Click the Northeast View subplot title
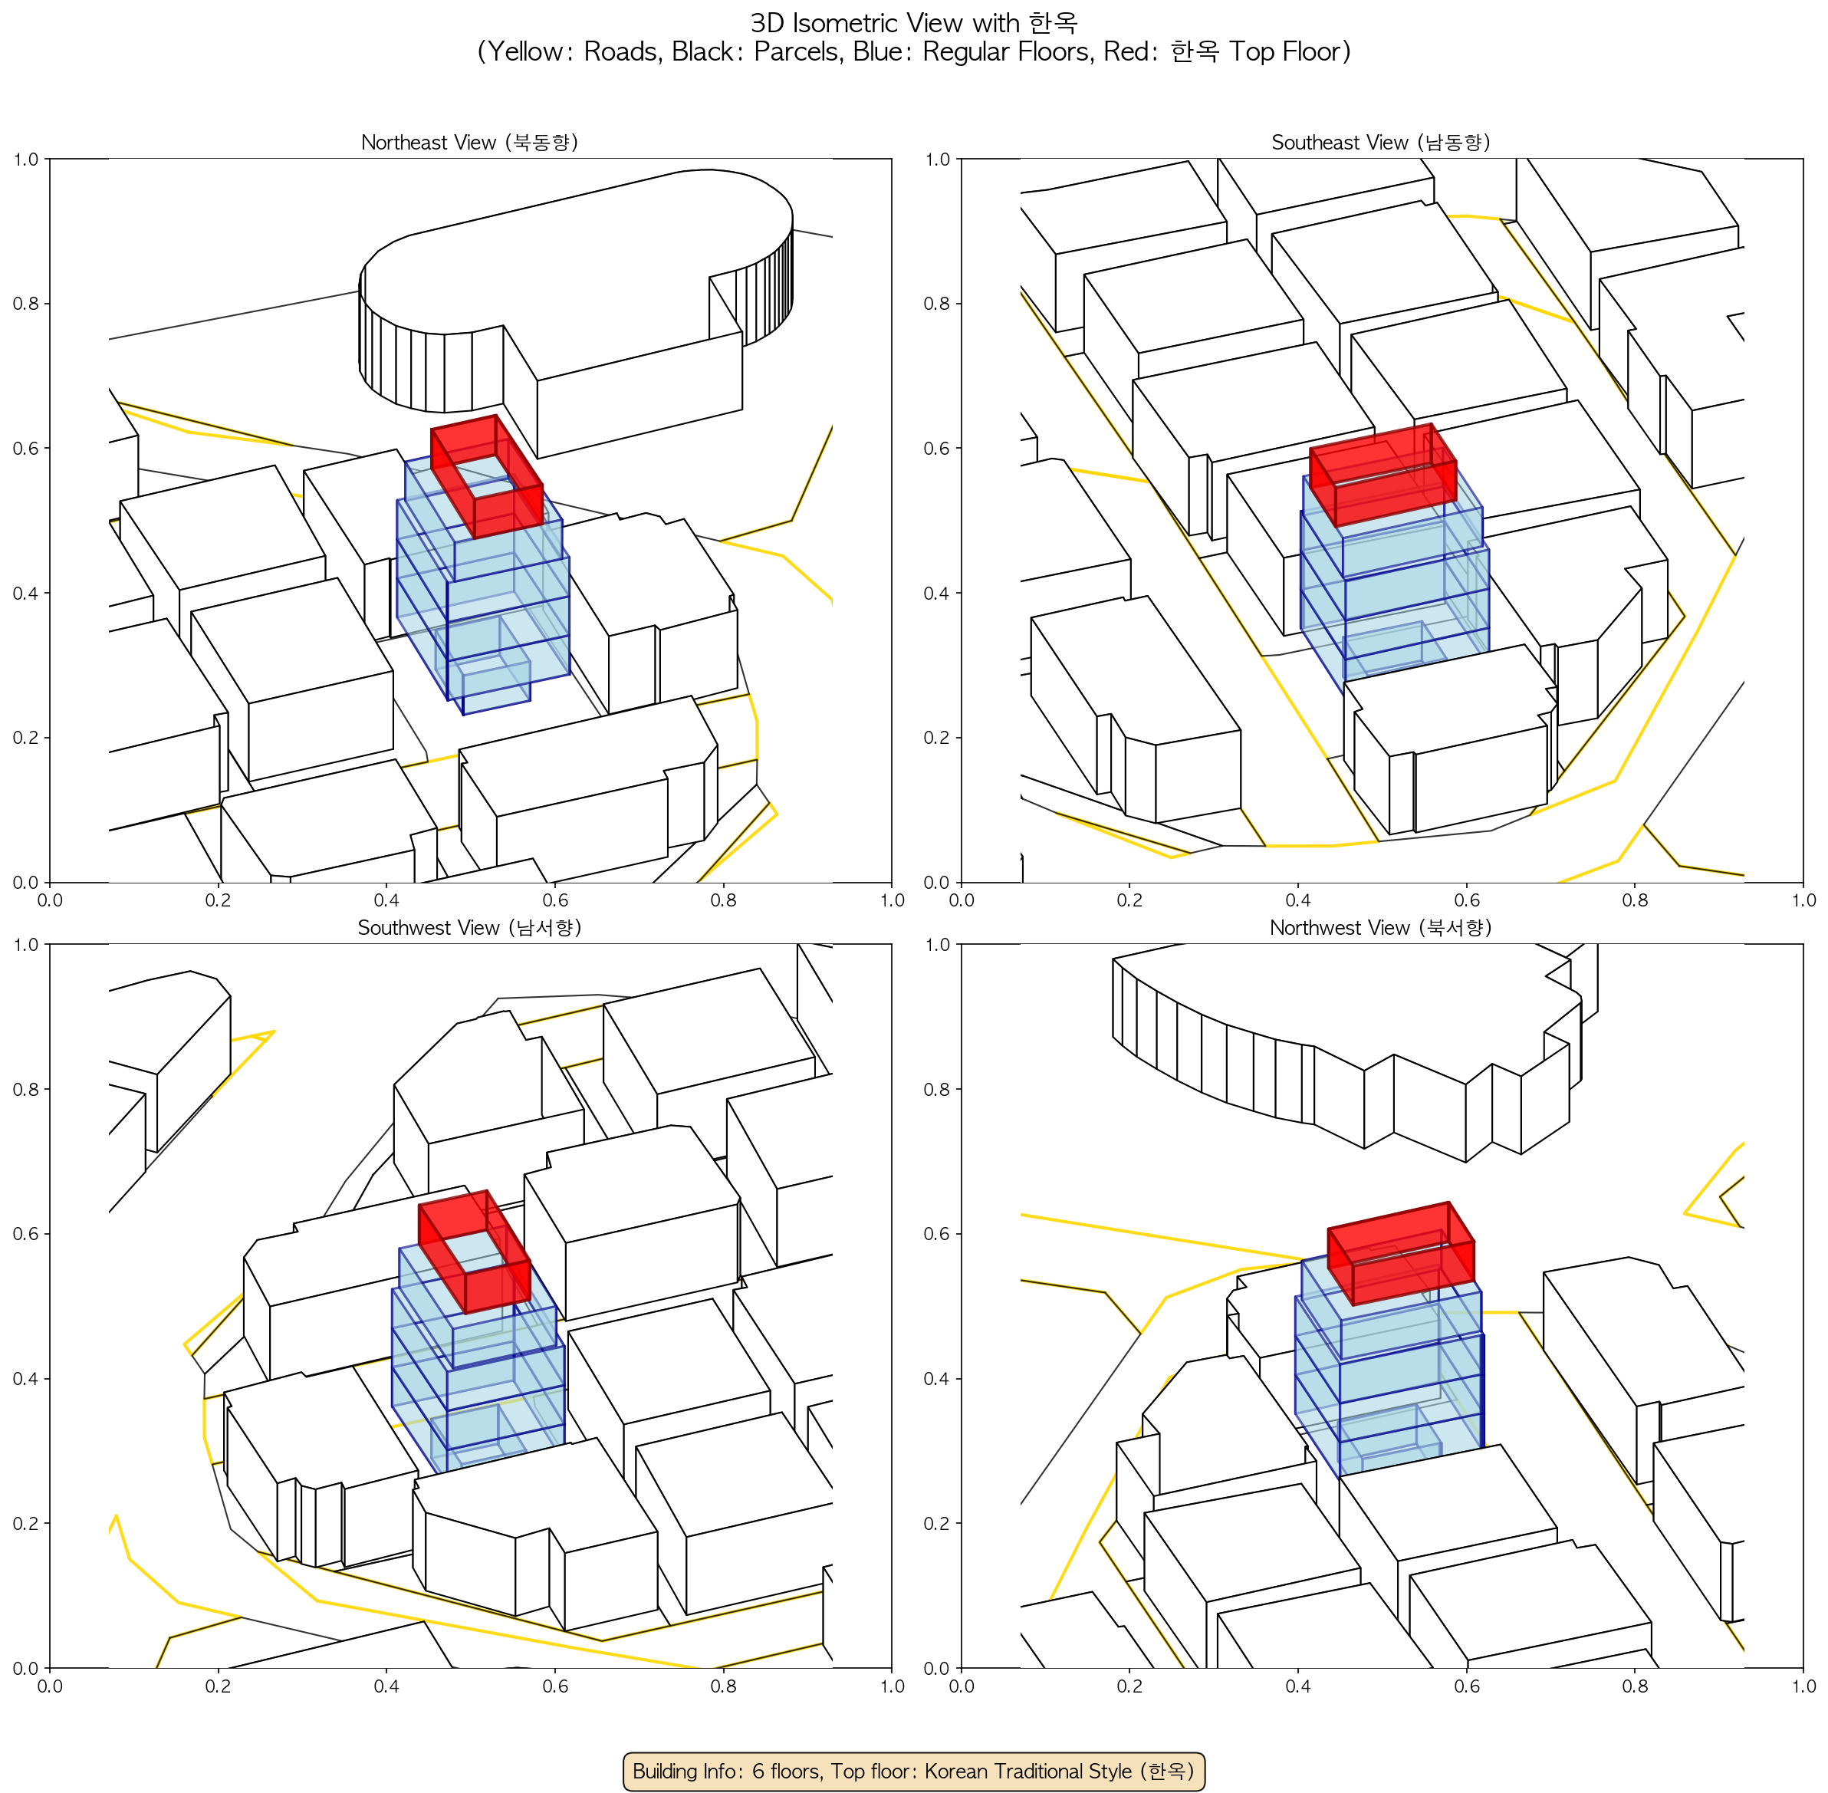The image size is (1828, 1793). point(469,142)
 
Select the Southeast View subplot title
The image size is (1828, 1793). point(1381,142)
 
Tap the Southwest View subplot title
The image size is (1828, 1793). point(469,928)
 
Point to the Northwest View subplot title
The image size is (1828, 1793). point(1381,928)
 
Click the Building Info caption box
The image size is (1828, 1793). point(913,1771)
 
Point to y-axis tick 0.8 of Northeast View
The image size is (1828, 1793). point(25,303)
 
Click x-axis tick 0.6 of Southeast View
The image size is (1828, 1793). point(1466,900)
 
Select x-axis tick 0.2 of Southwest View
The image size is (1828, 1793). point(218,1686)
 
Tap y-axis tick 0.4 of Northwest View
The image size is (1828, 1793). point(937,1379)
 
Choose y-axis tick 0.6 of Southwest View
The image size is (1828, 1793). point(25,1234)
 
